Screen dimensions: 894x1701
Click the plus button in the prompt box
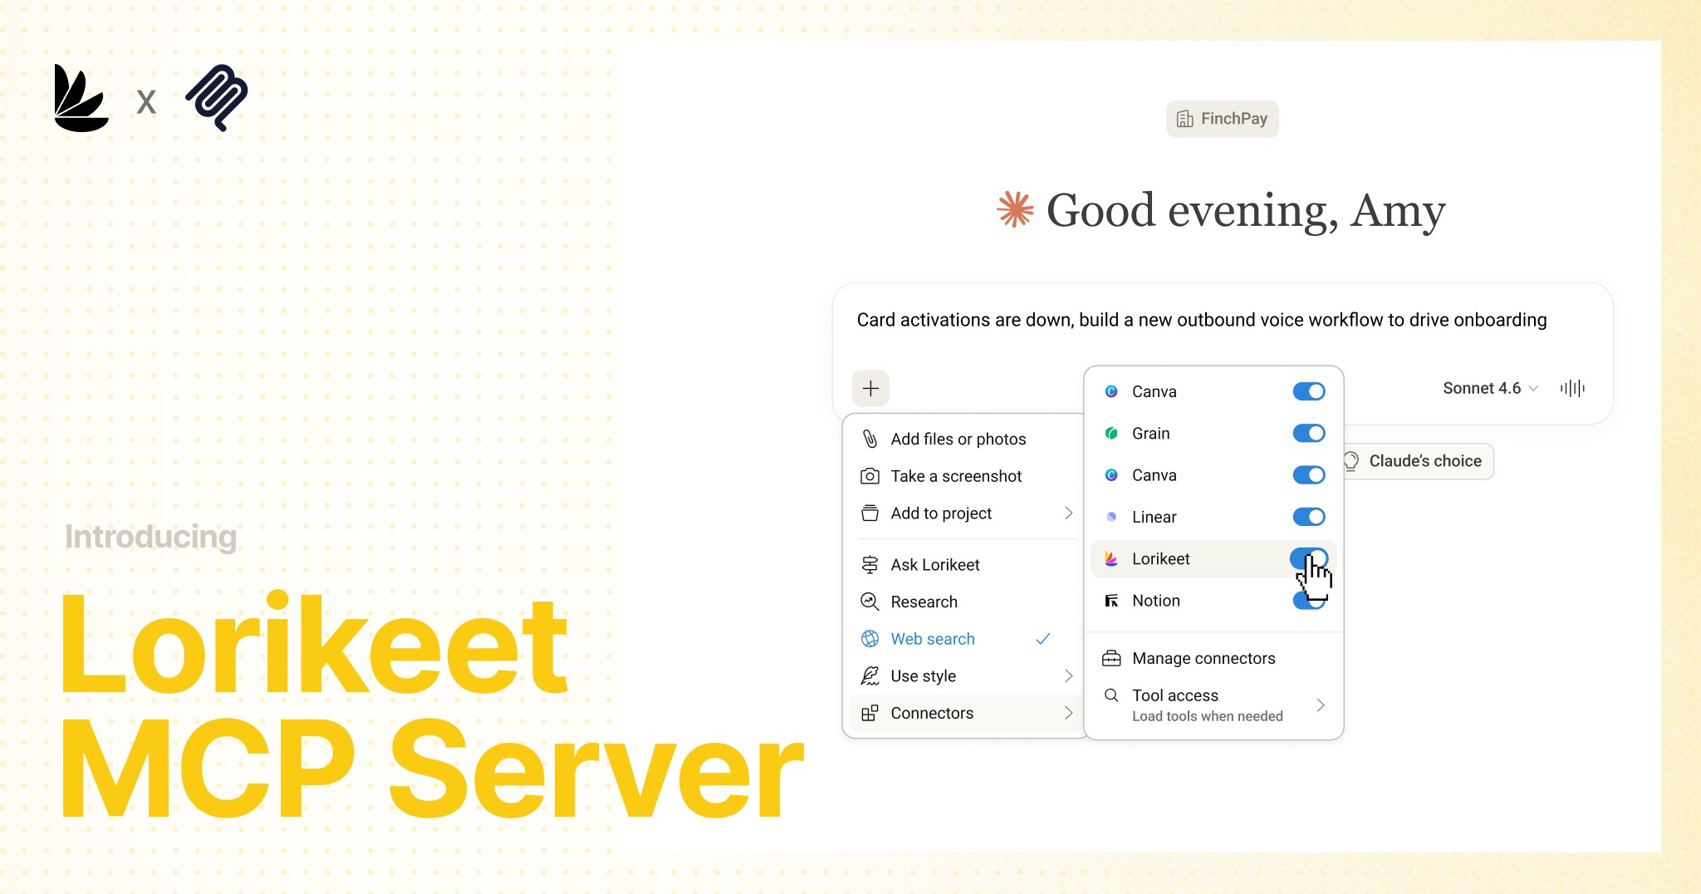coord(870,388)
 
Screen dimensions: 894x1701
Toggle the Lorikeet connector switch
coord(1308,559)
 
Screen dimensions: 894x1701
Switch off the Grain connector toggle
coord(1308,434)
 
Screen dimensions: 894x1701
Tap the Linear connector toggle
coord(1308,517)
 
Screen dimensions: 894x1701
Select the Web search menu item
coord(933,639)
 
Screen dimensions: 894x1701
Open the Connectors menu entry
coord(932,713)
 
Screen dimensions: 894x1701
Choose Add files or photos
coord(958,439)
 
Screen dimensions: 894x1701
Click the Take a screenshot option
coord(956,476)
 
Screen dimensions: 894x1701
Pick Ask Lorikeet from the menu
coord(935,565)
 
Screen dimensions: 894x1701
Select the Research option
coord(924,602)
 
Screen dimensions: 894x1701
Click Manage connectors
coord(1203,658)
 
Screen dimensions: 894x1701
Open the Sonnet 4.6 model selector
coord(1489,388)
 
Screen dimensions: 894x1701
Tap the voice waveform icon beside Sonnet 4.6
coord(1572,388)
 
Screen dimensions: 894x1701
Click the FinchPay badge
coord(1223,119)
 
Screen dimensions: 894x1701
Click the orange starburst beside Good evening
coord(1015,209)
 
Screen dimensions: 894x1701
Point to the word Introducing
coord(151,537)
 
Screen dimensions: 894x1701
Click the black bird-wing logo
coord(81,98)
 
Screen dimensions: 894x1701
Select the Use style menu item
coord(923,676)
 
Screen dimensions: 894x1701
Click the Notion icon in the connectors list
coord(1111,601)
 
